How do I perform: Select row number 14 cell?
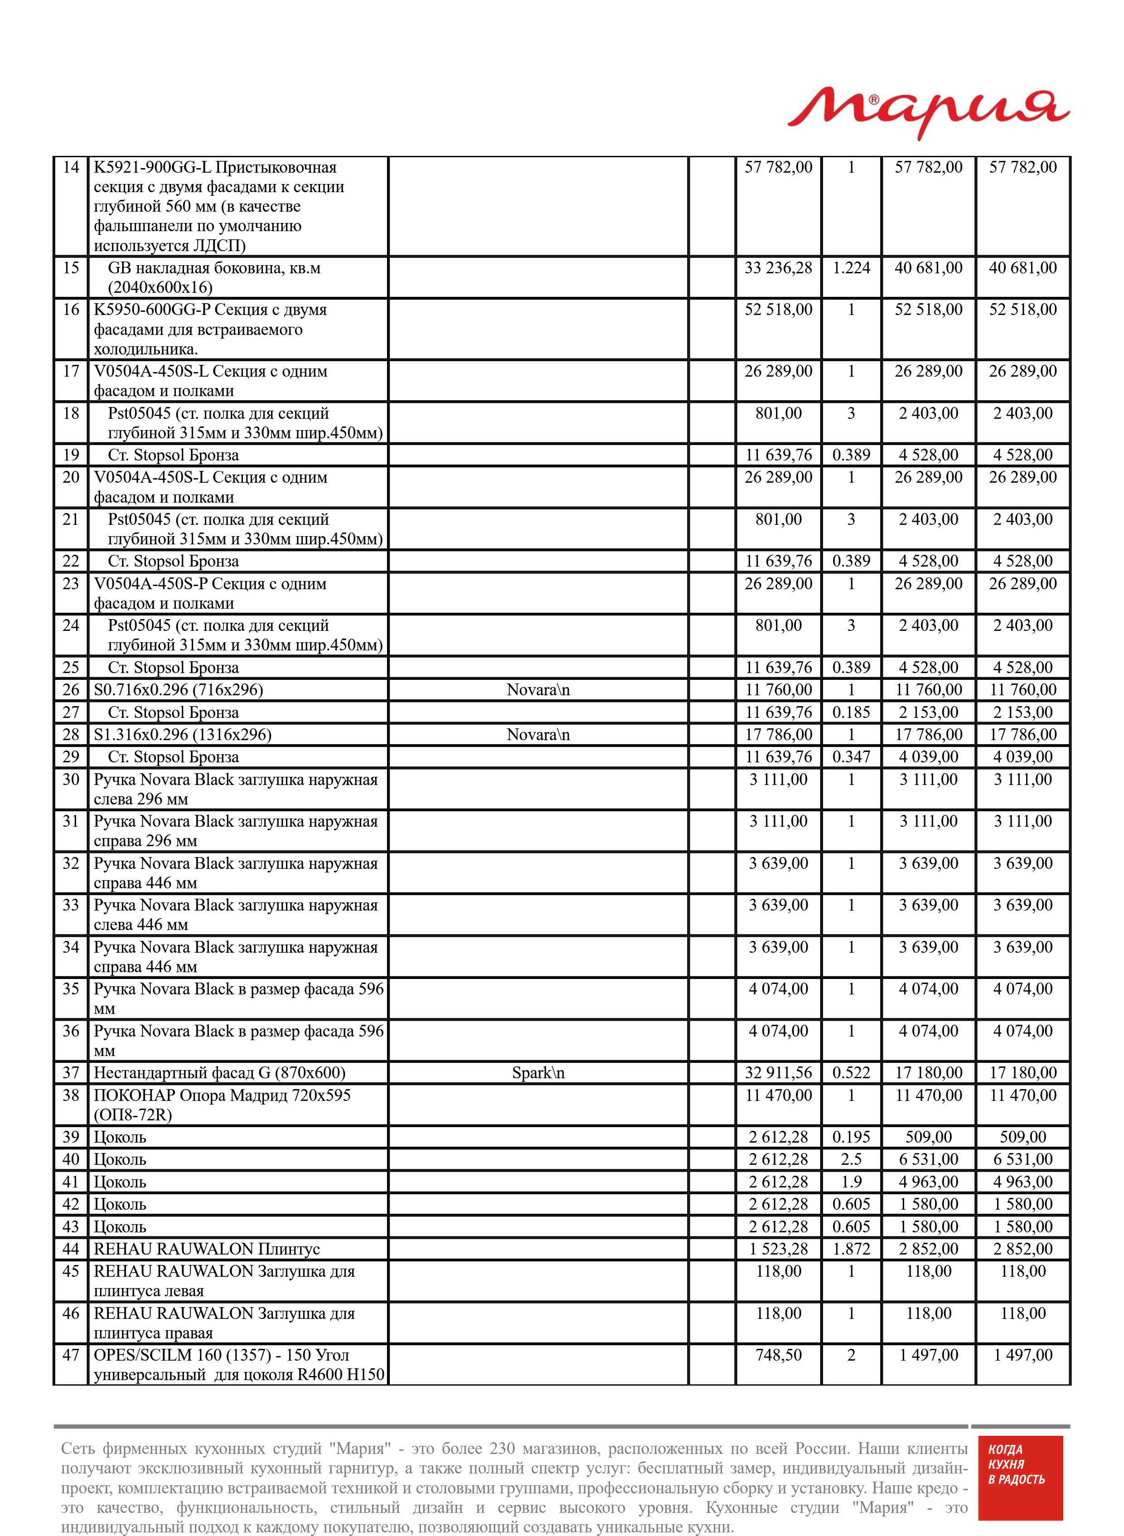[71, 167]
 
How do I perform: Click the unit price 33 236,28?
[778, 268]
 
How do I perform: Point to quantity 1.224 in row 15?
[851, 268]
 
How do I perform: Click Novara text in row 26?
[538, 690]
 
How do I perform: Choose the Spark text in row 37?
[538, 1073]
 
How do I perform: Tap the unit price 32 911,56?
[778, 1073]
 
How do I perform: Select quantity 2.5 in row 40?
[851, 1159]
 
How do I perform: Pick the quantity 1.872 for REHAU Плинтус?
[851, 1249]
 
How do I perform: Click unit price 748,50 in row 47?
[778, 1355]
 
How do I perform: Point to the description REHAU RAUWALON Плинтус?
[207, 1249]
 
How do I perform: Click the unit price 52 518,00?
[778, 310]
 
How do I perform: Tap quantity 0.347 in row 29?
[851, 756]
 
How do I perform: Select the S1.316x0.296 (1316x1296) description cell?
[182, 735]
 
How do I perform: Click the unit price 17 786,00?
[778, 735]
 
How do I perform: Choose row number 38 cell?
[71, 1095]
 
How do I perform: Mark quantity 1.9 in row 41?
[851, 1182]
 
